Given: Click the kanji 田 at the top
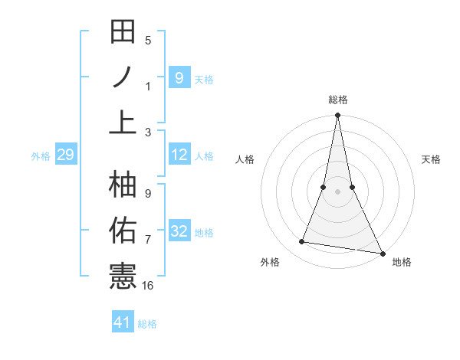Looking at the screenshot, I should point(123,32).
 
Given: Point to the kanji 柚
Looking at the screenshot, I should point(123,185).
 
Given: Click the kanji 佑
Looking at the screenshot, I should point(123,231).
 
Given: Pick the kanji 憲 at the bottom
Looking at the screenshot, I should point(123,276).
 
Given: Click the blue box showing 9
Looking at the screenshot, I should point(179,77).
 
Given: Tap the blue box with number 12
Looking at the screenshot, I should point(179,155).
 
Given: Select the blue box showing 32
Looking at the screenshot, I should point(179,232).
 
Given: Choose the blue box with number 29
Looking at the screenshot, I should point(65,155).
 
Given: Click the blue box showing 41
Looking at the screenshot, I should point(123,322).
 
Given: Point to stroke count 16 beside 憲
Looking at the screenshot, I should point(148,286).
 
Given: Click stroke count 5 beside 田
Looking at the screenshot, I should point(148,40).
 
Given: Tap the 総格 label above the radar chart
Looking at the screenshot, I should point(337,100).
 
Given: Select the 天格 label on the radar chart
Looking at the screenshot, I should point(431,159).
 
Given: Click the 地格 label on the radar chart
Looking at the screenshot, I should point(402,262).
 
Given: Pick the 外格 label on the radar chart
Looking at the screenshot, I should point(270,262).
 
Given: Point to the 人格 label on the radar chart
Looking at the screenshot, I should point(245,159).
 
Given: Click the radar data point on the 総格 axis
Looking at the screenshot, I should point(337,116).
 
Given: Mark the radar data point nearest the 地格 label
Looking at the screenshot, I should point(382,253).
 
